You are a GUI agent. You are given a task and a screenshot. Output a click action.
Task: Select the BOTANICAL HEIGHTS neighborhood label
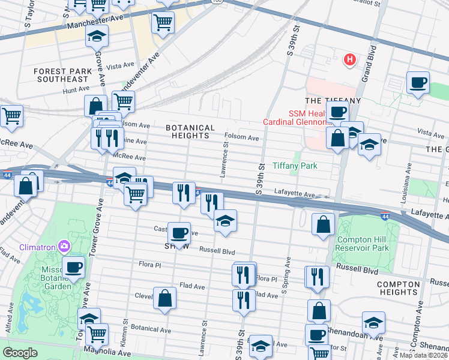pos(190,132)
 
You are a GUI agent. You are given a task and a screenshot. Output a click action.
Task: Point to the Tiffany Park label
pos(294,166)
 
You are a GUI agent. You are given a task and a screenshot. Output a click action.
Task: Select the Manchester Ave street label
pos(91,23)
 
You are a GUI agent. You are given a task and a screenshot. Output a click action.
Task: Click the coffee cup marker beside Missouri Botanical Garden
pos(73,267)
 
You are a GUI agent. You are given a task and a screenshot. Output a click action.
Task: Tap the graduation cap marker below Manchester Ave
pos(96,37)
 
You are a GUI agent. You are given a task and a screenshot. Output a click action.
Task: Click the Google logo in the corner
pos(20,353)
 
